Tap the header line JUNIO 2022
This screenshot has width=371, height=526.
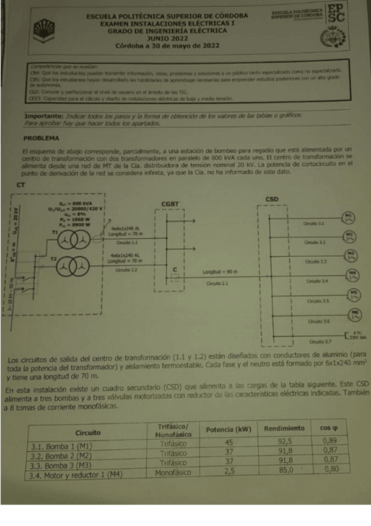(x=167, y=38)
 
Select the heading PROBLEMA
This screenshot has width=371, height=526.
(x=40, y=139)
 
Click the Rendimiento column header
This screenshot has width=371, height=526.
(x=284, y=429)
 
